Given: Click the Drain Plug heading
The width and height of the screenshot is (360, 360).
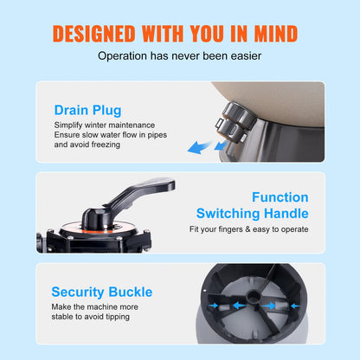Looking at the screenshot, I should (87, 111).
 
